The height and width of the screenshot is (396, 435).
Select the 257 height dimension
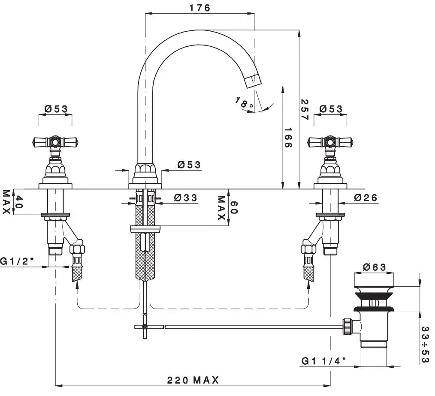304,110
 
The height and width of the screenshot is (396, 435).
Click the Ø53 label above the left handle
56,109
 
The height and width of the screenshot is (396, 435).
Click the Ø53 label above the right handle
331,109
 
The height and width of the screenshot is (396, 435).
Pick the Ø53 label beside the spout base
189,165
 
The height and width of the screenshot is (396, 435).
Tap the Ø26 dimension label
366,198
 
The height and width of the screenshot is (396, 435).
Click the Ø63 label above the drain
375,267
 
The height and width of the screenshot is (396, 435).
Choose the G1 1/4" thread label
324,361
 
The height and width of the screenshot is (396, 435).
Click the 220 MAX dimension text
193,380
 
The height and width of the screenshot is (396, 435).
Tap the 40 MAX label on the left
12,202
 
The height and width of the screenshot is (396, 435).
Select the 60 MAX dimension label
227,207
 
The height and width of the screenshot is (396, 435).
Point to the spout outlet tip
254,80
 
